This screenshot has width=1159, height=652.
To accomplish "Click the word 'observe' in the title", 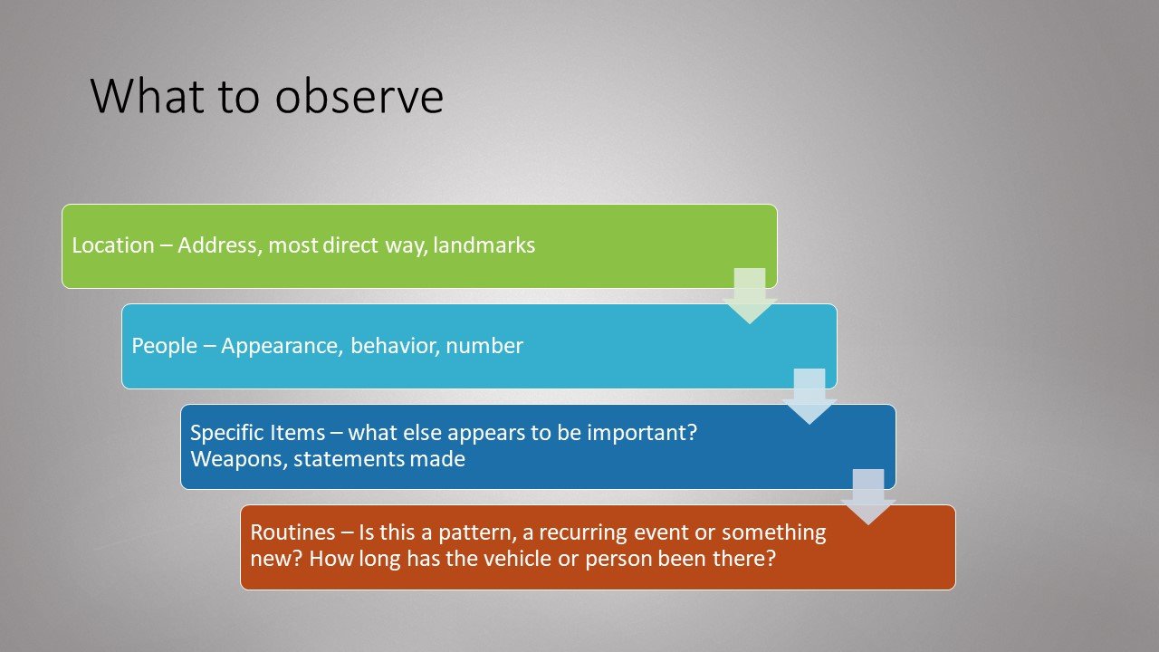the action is [x=359, y=96].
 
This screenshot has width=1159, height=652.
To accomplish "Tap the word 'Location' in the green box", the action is [x=113, y=245].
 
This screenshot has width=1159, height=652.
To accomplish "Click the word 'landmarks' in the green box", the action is [x=484, y=245].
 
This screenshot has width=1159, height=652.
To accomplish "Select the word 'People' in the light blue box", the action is [x=165, y=346].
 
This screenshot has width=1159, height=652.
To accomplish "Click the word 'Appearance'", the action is [x=282, y=346].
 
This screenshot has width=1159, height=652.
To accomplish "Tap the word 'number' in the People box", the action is [x=484, y=346].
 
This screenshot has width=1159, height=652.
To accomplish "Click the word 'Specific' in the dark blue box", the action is [x=225, y=433].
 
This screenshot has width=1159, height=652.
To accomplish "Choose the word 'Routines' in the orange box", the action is [x=292, y=532].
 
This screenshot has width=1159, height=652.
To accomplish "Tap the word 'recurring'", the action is [x=579, y=533].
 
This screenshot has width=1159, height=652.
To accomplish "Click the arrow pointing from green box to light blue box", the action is [x=750, y=295].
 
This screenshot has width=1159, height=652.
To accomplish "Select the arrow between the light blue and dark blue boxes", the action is [x=809, y=396].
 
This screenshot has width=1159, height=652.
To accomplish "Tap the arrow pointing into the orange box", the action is [x=868, y=496].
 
